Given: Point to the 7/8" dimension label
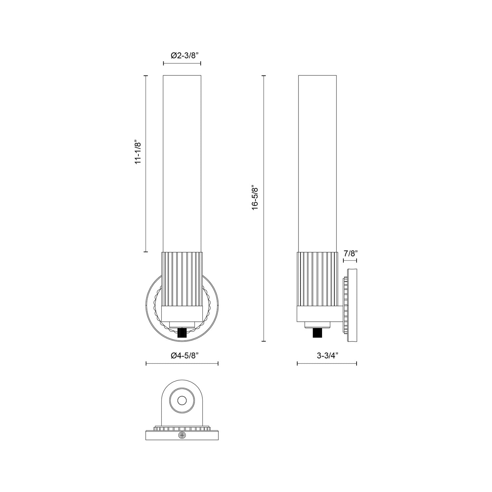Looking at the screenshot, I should point(350,253).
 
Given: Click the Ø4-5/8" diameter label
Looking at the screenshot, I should point(182,356).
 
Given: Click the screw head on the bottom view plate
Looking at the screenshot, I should point(182,435).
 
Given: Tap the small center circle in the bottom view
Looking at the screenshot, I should point(182,400).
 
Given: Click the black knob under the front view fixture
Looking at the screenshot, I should point(182,334).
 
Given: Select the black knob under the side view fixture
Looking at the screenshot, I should point(317,334).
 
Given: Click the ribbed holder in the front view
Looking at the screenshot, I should point(182,279).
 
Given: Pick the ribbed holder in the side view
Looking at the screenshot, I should point(317,279).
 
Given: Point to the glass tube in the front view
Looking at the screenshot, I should point(182,164).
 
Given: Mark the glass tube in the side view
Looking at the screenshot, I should point(317,164).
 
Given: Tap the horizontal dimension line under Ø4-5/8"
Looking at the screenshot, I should point(182,363).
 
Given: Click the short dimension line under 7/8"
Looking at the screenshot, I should point(350,261).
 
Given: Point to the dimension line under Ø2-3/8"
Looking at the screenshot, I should point(182,63).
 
